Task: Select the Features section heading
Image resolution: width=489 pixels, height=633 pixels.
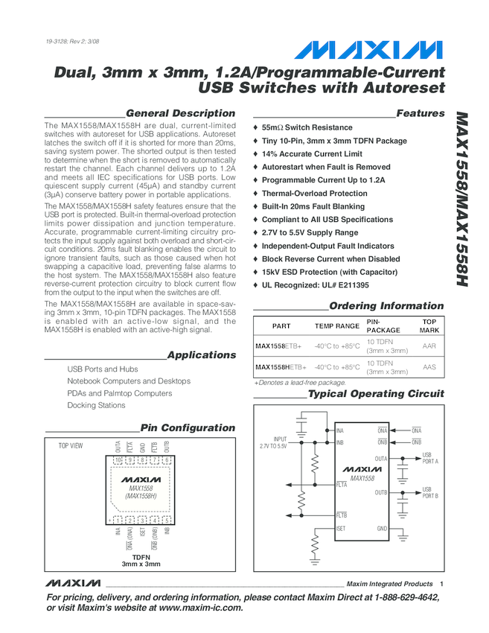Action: coord(420,113)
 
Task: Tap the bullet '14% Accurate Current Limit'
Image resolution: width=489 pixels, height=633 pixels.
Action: coord(312,154)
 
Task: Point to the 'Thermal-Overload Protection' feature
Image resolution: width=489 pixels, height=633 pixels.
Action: coord(314,194)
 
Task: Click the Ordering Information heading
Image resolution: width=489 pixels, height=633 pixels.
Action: coord(386,306)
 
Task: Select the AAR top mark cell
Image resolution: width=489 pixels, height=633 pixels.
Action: coord(429,346)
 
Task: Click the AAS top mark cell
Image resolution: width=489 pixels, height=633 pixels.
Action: coord(429,367)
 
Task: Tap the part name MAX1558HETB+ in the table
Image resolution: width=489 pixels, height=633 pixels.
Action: coord(281,367)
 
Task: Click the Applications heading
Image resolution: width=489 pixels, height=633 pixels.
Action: coord(201,355)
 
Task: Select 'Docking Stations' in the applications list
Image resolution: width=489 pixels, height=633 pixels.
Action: coord(96,406)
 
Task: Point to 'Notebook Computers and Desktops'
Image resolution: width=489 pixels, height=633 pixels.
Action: coord(129,381)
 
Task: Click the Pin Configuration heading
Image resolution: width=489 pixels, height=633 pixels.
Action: coord(188,428)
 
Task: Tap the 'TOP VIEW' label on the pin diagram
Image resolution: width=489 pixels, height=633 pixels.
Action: coord(71,445)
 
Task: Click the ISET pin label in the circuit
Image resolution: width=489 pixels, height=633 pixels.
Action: coord(341,529)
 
